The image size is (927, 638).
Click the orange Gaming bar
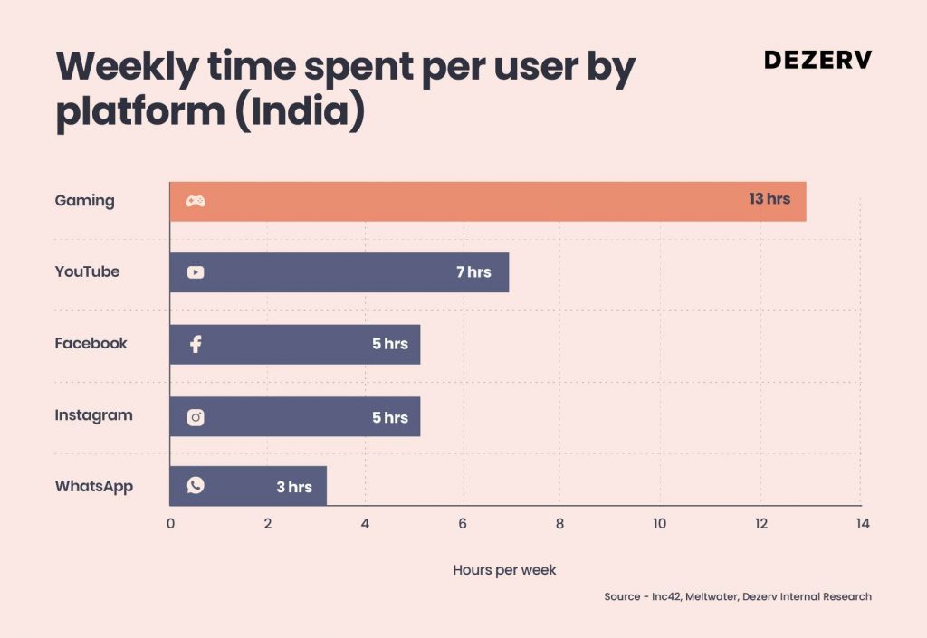point(488,202)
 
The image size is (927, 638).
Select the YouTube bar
point(339,272)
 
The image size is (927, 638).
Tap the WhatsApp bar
point(248,486)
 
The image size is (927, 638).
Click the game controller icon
point(196,202)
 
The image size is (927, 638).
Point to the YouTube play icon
point(196,272)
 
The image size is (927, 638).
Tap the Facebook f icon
point(196,344)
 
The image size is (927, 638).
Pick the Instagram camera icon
point(196,418)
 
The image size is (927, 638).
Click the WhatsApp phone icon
point(196,485)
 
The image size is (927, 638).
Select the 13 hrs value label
point(769,199)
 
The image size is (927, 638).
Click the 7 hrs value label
point(473,271)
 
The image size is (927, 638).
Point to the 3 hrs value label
point(294,487)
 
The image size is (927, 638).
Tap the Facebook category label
point(91,343)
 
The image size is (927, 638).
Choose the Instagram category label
point(94,416)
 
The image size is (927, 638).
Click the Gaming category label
point(84,201)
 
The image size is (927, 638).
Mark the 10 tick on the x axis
point(659,523)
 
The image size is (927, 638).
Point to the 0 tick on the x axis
point(170,523)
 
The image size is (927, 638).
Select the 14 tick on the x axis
point(863,523)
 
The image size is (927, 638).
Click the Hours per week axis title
point(504,570)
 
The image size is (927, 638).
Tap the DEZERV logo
point(818,60)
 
